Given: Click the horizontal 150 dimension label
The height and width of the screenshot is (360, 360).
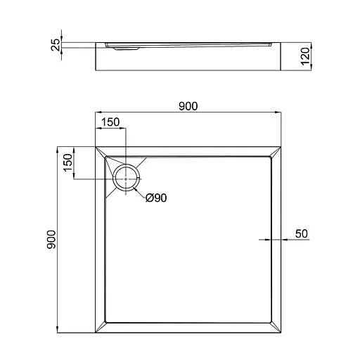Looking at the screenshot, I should click(111, 122).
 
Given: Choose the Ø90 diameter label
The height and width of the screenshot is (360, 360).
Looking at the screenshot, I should click(155, 198).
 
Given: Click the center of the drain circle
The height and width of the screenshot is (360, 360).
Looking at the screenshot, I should click(127, 179).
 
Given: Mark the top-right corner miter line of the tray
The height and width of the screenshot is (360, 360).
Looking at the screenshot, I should click(275, 153).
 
